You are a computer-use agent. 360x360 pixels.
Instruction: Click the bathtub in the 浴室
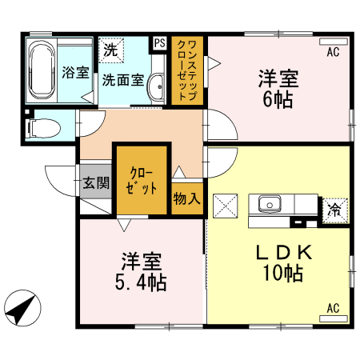[x=42, y=70]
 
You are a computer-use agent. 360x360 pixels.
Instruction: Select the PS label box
[x=160, y=42]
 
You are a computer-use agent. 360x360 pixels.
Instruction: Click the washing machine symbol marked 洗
[x=111, y=50]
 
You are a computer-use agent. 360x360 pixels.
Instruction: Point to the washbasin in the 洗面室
[x=156, y=86]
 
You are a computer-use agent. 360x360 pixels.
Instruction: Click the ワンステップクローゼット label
[x=187, y=70]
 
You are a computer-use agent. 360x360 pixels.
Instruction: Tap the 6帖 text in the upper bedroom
[x=278, y=100]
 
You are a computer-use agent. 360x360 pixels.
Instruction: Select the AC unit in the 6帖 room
[x=334, y=42]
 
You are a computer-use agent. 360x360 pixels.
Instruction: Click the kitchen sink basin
[x=270, y=204]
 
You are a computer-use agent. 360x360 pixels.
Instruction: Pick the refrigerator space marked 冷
[x=335, y=210]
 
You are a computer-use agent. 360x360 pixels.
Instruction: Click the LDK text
[x=284, y=252]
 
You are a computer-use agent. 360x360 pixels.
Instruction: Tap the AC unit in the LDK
[x=334, y=318]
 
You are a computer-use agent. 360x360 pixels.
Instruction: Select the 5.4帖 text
[x=141, y=282]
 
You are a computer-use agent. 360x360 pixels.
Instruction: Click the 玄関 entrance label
[x=96, y=183]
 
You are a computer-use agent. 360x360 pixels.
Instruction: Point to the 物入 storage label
[x=186, y=198]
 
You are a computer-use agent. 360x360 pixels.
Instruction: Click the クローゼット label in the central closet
[x=142, y=181]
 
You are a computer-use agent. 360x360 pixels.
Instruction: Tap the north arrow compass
[x=22, y=308]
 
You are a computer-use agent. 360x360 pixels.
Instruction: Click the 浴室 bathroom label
[x=75, y=72]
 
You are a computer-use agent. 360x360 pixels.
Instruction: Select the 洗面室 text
[x=123, y=80]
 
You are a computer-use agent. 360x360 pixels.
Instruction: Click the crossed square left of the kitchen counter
[x=226, y=206]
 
